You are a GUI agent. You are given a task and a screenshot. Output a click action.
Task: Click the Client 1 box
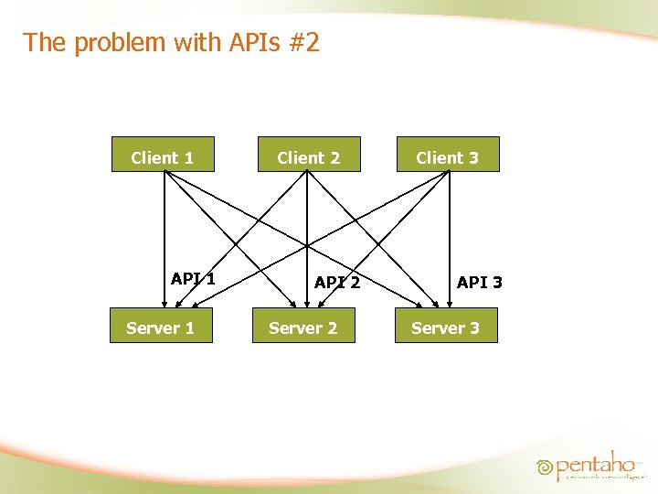point(163,155)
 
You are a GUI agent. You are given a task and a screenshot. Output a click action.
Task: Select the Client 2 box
point(309,155)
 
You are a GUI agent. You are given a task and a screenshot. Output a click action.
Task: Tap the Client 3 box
point(448,155)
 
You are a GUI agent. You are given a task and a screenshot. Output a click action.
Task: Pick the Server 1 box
point(161,326)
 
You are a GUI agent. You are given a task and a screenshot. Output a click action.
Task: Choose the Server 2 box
point(303,326)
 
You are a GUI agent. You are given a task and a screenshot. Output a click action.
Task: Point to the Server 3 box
point(446,326)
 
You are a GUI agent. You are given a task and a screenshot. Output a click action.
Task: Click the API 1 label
point(193,279)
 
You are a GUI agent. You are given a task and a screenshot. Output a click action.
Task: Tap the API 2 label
point(337,283)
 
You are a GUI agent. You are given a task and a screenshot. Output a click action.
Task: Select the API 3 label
point(480,283)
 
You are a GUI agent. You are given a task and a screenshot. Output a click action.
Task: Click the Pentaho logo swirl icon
point(546,467)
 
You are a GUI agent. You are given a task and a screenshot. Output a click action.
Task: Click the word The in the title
point(42,42)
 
